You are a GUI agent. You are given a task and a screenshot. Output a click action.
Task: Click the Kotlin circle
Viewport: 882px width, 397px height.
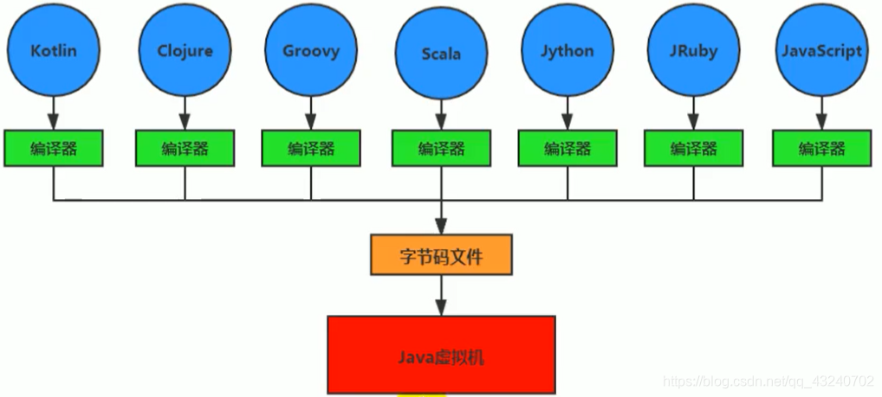click(54, 50)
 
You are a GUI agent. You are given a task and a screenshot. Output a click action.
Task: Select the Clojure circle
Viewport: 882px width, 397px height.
click(184, 50)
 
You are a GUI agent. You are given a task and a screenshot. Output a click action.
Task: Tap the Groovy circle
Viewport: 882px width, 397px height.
click(310, 50)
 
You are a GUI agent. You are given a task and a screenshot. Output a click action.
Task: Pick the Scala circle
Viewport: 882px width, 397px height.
click(441, 54)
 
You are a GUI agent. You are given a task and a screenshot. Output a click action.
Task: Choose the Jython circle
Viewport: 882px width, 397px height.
click(567, 50)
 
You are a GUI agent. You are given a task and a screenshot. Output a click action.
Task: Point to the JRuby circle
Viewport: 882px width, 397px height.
click(693, 50)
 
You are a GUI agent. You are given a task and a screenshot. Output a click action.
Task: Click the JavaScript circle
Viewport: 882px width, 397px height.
click(820, 50)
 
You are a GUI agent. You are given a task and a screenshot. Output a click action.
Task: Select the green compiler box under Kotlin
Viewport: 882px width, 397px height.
click(54, 148)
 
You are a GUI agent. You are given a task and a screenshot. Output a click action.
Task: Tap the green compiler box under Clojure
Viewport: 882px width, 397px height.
click(184, 148)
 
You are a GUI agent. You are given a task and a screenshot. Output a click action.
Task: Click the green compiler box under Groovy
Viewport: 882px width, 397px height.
click(310, 148)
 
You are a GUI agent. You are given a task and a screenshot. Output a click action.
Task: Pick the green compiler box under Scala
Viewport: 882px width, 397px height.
click(441, 148)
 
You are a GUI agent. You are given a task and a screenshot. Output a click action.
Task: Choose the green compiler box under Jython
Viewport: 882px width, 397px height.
click(567, 148)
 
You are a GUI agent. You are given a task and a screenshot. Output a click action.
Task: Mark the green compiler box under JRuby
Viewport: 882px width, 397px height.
click(693, 148)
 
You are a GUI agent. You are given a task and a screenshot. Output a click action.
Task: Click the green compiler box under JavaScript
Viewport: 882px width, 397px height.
click(820, 148)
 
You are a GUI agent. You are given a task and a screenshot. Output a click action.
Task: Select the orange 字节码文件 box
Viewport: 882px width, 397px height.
click(441, 255)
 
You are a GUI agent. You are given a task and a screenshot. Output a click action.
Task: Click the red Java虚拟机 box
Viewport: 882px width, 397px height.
click(441, 354)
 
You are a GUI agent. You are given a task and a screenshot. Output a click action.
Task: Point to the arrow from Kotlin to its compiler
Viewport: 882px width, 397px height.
click(54, 112)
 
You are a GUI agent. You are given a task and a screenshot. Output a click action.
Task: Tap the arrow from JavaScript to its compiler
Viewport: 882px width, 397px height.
click(820, 112)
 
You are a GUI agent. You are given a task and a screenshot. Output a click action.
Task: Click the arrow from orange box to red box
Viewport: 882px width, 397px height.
click(441, 295)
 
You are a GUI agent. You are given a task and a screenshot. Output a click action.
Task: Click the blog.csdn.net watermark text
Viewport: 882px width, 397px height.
click(767, 381)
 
